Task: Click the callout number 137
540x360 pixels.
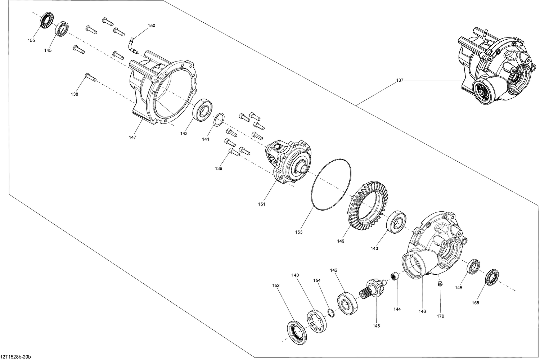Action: click(x=400, y=81)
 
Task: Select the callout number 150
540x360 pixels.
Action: click(x=152, y=26)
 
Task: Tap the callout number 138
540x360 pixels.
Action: click(x=75, y=94)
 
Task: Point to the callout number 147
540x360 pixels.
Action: click(x=132, y=138)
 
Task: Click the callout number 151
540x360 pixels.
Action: click(x=262, y=204)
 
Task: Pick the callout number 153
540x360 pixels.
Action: click(x=298, y=232)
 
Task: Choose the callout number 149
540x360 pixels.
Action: click(x=341, y=241)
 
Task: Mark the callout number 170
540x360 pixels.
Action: click(x=440, y=316)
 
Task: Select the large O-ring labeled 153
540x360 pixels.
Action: click(x=330, y=184)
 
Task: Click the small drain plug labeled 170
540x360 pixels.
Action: click(x=439, y=285)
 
